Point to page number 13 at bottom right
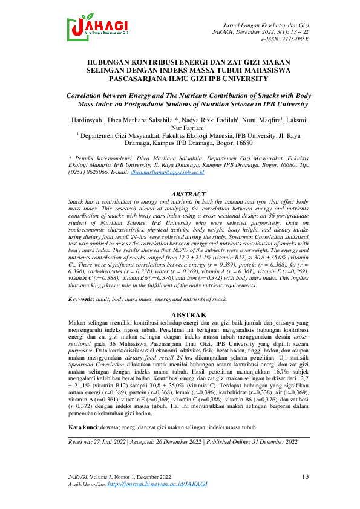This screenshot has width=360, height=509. click(305, 477)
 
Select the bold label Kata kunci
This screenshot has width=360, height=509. click(83, 410)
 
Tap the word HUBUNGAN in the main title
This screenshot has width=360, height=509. click(114, 62)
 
